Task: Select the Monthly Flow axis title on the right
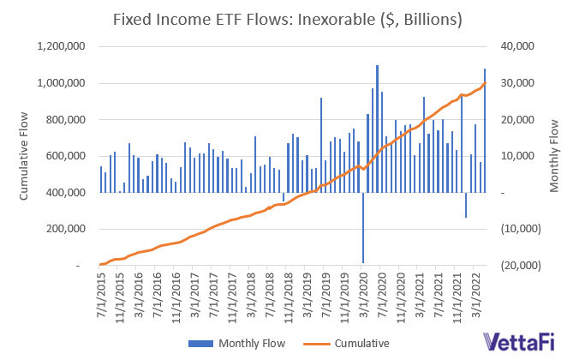[554, 156]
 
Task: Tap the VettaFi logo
[520, 343]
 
